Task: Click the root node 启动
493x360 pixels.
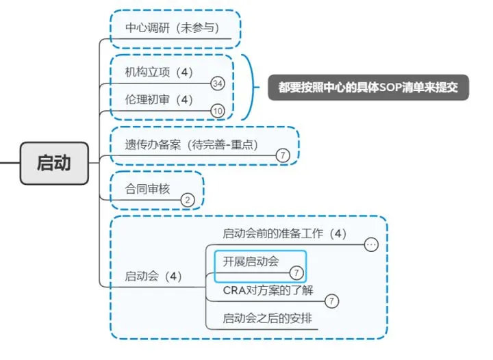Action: [x=54, y=164]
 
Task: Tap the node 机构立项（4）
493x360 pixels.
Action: [x=159, y=72]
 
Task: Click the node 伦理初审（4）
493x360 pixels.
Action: [x=159, y=100]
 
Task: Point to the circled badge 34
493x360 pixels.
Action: [x=218, y=83]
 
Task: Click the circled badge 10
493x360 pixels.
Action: [x=218, y=111]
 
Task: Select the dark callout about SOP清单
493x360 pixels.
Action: [x=368, y=88]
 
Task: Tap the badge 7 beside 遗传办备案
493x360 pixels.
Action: [x=283, y=156]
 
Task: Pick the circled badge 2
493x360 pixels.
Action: [x=188, y=200]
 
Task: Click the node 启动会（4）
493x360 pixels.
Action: [x=153, y=277]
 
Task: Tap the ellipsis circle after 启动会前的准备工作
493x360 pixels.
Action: [x=372, y=244]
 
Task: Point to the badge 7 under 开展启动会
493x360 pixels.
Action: [x=296, y=272]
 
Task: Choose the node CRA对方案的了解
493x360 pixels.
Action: [x=268, y=290]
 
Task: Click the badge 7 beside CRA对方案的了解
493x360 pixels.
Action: [x=331, y=300]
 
